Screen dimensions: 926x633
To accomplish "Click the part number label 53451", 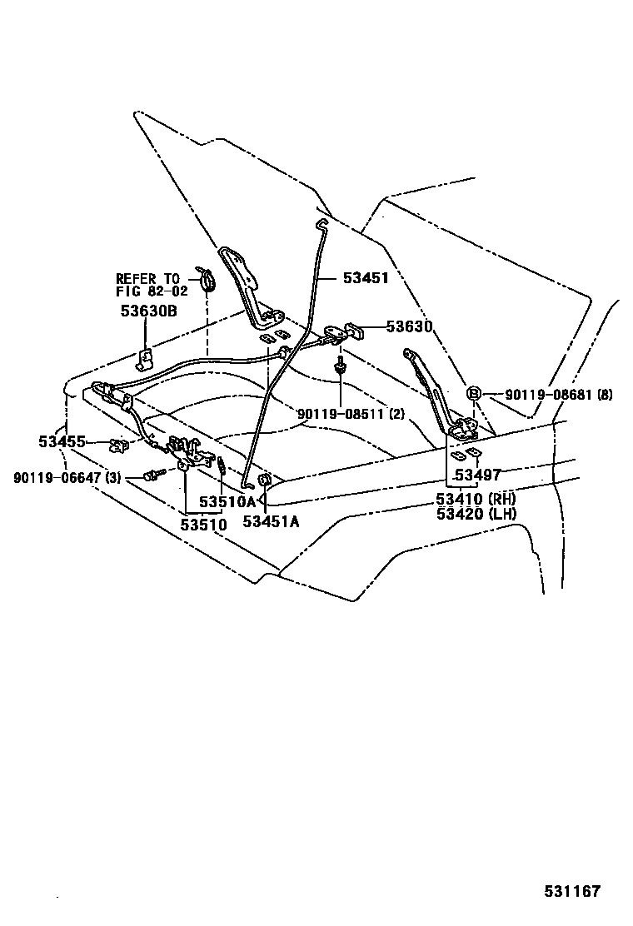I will pos(366,279).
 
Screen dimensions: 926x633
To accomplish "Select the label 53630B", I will pos(149,311).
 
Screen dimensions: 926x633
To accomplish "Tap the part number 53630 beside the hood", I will pos(409,326).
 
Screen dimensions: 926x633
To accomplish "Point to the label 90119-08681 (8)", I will pos(559,395).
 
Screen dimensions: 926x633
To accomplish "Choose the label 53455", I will pos(62,441).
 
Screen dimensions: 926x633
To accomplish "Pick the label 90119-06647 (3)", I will pos(67,477).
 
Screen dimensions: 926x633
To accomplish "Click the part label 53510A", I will pos(227,502).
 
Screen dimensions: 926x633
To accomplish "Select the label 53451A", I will pos(271,521).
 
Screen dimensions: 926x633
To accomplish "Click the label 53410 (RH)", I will pos(476,500).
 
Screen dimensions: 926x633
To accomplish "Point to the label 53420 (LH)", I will pos(476,514).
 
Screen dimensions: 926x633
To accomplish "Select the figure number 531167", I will pos(572,891).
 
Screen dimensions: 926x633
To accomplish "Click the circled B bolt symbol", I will pos(472,394).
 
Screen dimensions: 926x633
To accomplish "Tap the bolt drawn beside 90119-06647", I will pos(151,476).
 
